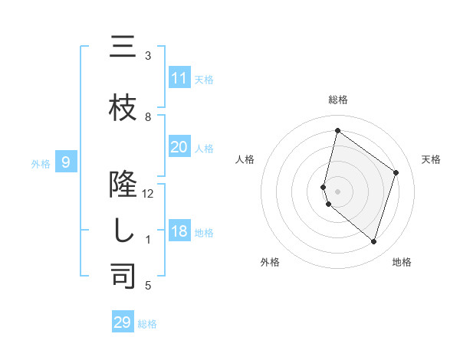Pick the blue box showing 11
[x=179, y=78]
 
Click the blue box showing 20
[x=179, y=147]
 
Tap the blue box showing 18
[x=179, y=231]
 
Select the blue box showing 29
[x=123, y=322]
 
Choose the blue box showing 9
[x=66, y=162]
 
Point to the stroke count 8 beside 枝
[x=148, y=117]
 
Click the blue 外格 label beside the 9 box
[x=40, y=162]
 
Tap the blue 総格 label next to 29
[x=147, y=323]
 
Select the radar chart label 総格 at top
[x=337, y=100]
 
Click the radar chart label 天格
[x=431, y=159]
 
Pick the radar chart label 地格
[x=402, y=262]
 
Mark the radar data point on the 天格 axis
[x=396, y=172]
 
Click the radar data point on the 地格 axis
[x=374, y=242]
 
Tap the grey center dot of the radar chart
[x=337, y=191]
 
